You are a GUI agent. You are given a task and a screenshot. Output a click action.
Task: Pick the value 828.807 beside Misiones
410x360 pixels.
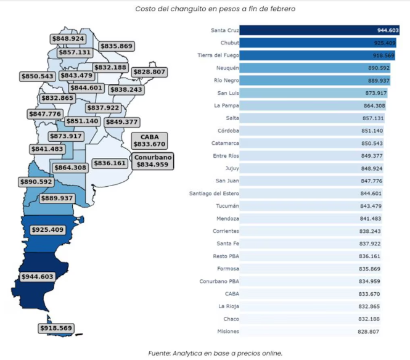(x=374, y=332)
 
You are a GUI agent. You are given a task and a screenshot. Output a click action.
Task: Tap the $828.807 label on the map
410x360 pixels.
(x=149, y=72)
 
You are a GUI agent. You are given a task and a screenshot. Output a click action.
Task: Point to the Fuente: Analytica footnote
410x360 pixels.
(x=215, y=353)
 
